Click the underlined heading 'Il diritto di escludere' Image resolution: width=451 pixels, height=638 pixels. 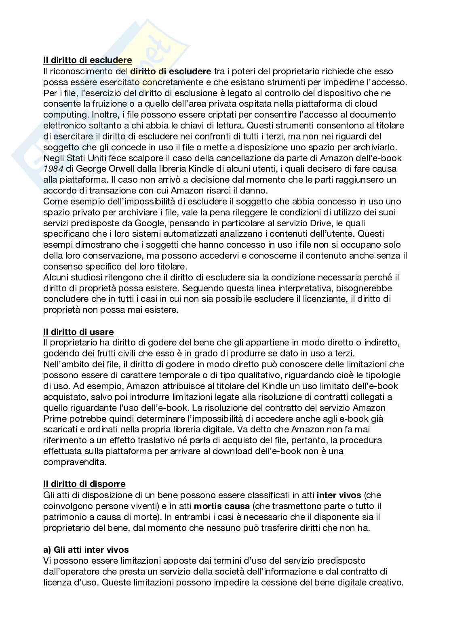point(88,61)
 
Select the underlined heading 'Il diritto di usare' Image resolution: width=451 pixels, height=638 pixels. point(78,332)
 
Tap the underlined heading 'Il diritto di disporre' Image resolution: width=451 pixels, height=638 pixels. point(84,484)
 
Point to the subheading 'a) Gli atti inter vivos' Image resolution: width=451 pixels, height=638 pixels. point(86,550)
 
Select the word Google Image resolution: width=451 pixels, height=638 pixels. point(152,223)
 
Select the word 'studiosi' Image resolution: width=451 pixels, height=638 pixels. point(88,278)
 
